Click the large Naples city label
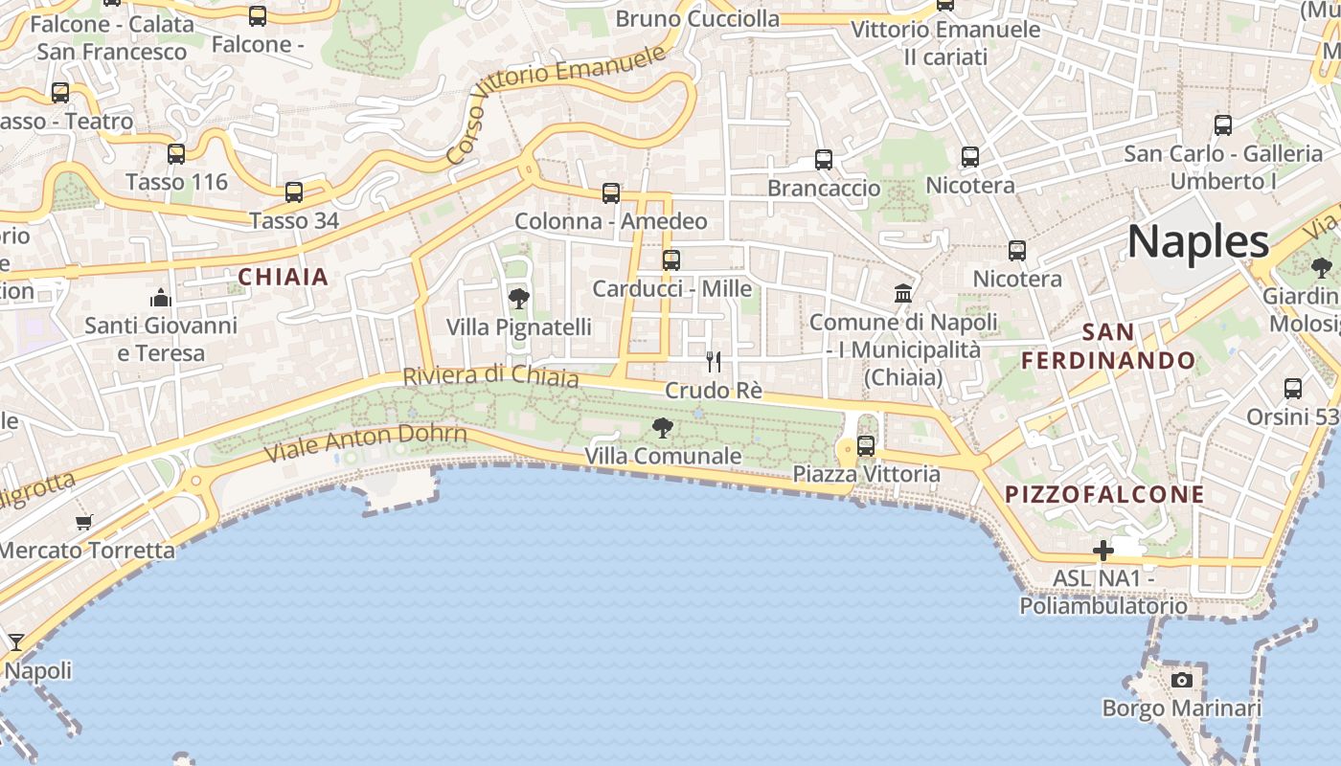click(1197, 241)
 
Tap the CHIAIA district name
click(283, 278)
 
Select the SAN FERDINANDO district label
click(1108, 347)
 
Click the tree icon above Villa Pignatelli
click(518, 299)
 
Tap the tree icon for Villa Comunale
click(662, 428)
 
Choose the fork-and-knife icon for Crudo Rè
click(714, 361)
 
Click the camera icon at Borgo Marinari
click(1182, 680)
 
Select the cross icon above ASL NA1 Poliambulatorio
click(1103, 551)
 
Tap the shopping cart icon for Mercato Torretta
click(84, 522)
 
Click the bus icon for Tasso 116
click(176, 154)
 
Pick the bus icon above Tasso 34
click(294, 192)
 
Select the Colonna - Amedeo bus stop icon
click(611, 193)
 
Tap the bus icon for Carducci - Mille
click(671, 259)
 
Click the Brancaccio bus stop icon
click(824, 160)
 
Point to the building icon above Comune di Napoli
click(903, 293)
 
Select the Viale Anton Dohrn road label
click(367, 441)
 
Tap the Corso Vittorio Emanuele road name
click(556, 102)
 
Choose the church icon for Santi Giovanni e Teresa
click(161, 298)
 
